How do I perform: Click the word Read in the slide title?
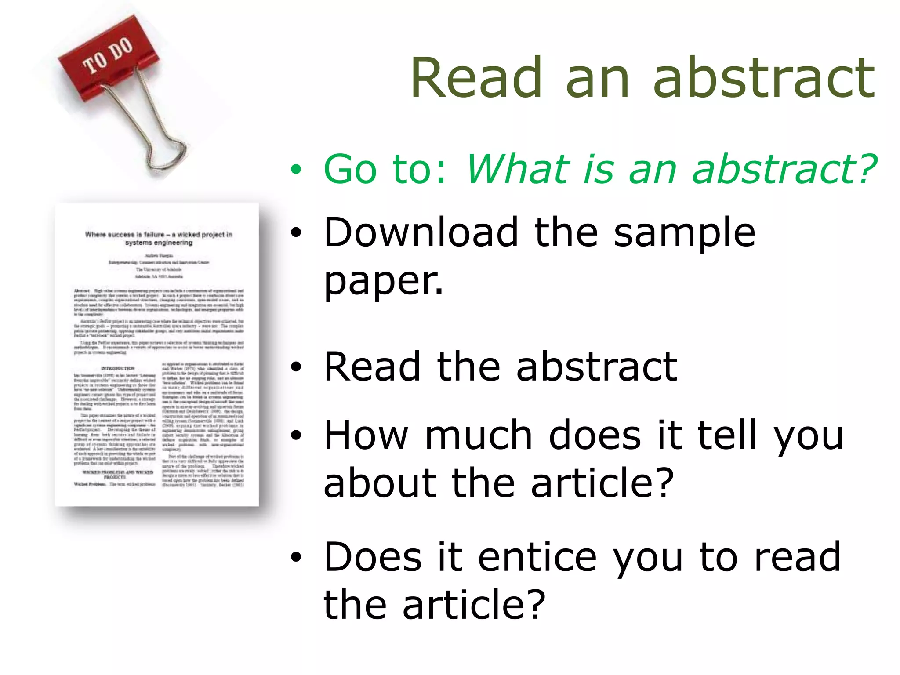pyautogui.click(x=476, y=78)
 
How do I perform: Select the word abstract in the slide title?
pyautogui.click(x=764, y=78)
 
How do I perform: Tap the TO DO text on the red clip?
pyautogui.click(x=108, y=56)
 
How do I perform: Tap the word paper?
pyautogui.click(x=383, y=281)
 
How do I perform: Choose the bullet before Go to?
pyautogui.click(x=296, y=170)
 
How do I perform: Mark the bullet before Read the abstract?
pyautogui.click(x=296, y=367)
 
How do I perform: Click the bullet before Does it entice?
pyautogui.click(x=296, y=557)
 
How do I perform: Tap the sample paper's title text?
pyautogui.click(x=159, y=238)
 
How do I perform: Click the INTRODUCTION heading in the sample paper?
pyautogui.click(x=118, y=368)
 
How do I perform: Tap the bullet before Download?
pyautogui.click(x=296, y=233)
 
